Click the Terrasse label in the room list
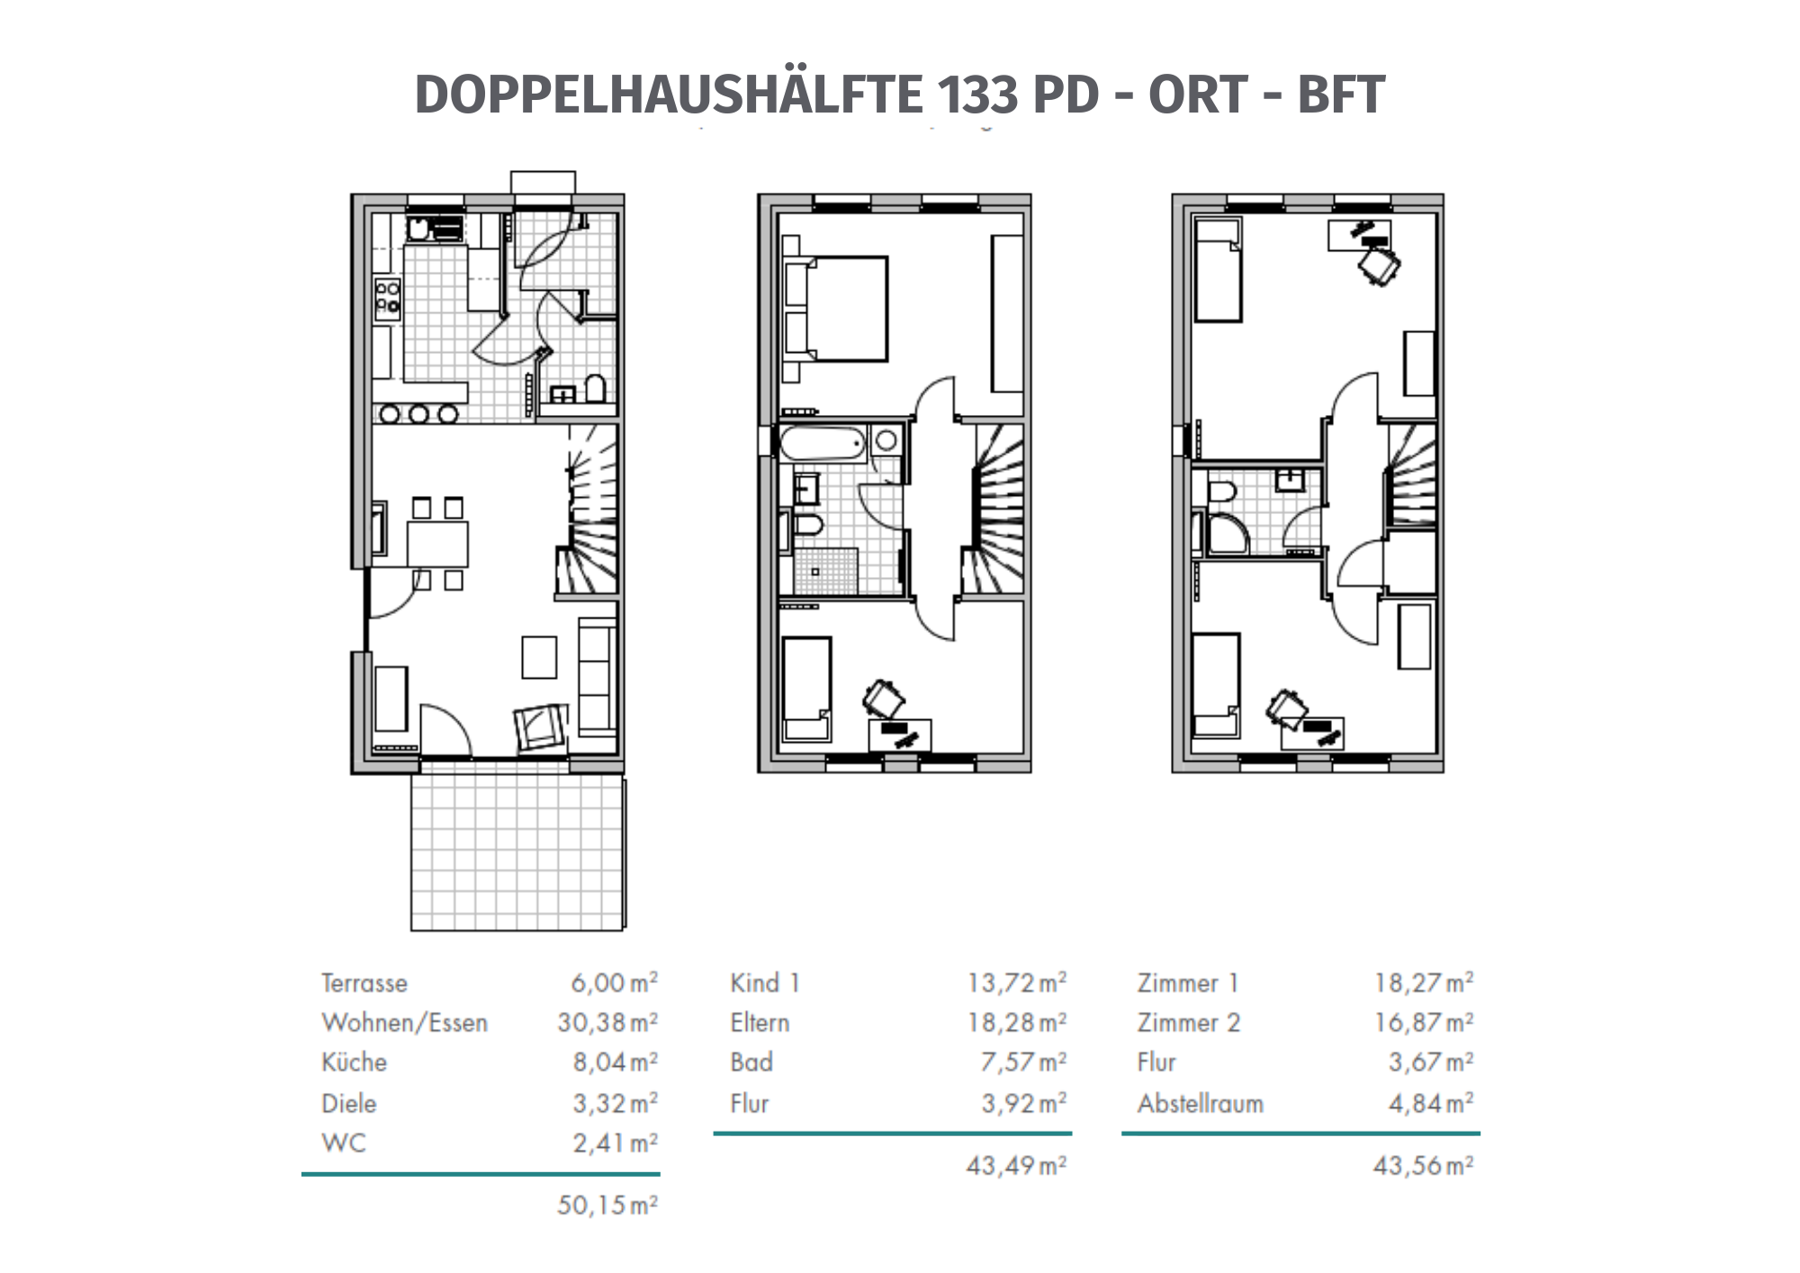(x=364, y=983)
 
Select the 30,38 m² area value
(x=607, y=1023)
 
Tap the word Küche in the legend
(x=354, y=1062)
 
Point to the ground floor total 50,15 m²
(x=607, y=1205)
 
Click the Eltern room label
(x=760, y=1023)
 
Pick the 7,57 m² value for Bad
(x=1023, y=1062)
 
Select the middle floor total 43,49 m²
(x=1017, y=1166)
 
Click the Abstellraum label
(x=1201, y=1104)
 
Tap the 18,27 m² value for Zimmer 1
(x=1424, y=983)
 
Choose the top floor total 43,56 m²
(x=1424, y=1166)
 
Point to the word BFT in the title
(x=1341, y=95)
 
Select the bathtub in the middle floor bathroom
(x=823, y=443)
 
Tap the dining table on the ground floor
(x=437, y=544)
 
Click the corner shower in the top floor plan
(x=1228, y=533)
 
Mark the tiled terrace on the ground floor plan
(x=517, y=852)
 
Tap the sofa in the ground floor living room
(x=597, y=676)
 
